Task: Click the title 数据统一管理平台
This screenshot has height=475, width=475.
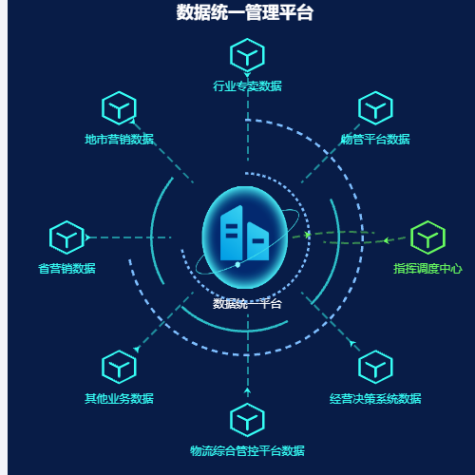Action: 245,12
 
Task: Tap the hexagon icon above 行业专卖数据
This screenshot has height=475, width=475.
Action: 247,55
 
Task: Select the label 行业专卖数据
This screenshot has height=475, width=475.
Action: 247,85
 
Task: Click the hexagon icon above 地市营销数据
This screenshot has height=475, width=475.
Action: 119,108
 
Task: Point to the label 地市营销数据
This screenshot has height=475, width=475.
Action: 119,139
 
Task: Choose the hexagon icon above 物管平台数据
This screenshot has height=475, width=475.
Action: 375,108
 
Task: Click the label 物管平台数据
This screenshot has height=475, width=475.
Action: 375,139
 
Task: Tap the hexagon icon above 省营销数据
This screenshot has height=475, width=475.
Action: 66,237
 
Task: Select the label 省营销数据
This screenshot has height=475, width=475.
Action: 66,268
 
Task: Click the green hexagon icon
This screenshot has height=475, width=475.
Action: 427,237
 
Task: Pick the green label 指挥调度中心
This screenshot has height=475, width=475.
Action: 427,268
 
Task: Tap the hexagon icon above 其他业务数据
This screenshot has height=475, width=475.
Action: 119,367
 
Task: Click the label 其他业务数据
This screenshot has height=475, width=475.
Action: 119,398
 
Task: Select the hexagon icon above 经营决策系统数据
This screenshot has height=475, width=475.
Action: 375,367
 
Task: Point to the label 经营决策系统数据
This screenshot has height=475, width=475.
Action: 375,398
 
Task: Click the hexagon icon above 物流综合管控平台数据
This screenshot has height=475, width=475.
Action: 247,420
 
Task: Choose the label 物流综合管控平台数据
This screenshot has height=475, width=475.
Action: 247,450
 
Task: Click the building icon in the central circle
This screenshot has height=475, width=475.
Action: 244,233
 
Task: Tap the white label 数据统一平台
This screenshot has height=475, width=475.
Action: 247,304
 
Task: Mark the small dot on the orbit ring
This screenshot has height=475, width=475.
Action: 237,264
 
